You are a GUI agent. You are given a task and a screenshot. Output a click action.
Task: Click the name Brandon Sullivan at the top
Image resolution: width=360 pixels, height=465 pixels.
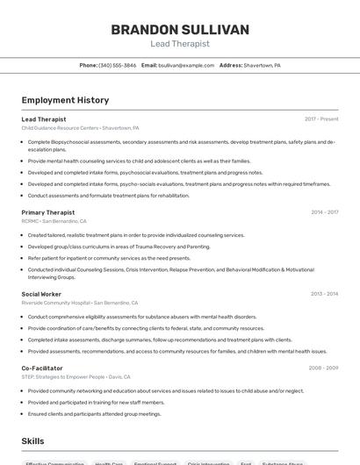tap(180, 30)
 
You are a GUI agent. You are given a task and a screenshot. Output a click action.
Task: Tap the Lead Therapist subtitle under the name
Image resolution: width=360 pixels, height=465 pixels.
tap(180, 43)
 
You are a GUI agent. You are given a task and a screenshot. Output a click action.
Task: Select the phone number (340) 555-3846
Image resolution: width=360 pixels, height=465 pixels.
tap(118, 65)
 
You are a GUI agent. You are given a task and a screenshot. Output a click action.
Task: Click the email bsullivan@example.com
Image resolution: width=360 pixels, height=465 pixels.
tap(185, 65)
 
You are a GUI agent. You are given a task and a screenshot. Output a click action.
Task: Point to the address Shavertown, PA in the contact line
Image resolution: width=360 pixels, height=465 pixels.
tap(262, 65)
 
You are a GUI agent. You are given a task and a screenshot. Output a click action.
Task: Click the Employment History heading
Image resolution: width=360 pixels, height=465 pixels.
tap(65, 100)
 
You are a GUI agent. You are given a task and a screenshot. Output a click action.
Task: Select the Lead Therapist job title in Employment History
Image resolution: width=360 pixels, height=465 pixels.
tap(44, 119)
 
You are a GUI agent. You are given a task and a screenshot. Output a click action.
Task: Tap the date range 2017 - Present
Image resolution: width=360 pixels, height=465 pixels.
tap(321, 119)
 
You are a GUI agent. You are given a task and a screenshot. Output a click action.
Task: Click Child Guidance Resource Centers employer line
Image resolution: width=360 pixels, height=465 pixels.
tap(80, 128)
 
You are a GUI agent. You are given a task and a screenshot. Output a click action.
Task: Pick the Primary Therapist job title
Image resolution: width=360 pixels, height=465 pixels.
tap(48, 212)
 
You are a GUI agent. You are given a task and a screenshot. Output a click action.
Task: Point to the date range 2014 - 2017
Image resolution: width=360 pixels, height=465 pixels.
tap(324, 212)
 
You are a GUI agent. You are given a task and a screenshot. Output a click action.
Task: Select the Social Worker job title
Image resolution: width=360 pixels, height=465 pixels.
tap(41, 294)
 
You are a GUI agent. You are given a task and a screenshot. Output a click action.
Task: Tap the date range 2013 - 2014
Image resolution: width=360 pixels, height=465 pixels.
tap(324, 294)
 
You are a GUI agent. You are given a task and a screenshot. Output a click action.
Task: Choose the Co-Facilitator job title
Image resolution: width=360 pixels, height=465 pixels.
tap(42, 368)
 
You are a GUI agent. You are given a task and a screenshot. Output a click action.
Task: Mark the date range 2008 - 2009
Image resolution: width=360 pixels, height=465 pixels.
tap(323, 368)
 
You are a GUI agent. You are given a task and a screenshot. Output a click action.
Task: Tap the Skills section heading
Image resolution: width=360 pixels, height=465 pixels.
tap(32, 441)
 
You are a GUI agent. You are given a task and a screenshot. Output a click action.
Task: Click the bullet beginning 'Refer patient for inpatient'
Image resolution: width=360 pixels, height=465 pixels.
tap(109, 258)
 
